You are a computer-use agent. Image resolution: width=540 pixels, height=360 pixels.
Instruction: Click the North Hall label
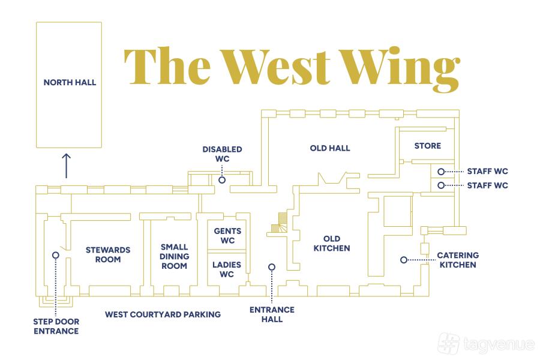pos(70,82)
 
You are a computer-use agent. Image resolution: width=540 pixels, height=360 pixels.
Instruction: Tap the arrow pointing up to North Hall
pos(66,165)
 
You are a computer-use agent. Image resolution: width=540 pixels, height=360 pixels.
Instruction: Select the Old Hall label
pos(330,148)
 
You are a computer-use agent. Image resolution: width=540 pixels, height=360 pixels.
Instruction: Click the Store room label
pos(427,146)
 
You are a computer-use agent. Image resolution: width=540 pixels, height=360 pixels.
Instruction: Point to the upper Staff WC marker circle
pos(441,171)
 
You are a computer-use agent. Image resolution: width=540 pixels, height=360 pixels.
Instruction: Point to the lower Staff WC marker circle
pos(441,185)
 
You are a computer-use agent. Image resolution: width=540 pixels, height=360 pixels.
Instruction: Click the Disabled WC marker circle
pos(222,179)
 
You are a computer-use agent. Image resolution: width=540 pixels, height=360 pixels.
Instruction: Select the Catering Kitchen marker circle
pos(404,260)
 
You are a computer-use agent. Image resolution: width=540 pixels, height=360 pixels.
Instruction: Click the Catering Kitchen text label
pos(457,260)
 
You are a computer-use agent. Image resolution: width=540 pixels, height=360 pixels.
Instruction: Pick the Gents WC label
pos(227,236)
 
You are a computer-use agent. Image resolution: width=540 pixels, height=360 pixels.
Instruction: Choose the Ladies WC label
pos(227,269)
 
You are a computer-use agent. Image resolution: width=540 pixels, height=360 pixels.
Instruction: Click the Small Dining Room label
pos(175,256)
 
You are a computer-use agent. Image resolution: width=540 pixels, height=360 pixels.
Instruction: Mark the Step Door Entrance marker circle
pos(56,255)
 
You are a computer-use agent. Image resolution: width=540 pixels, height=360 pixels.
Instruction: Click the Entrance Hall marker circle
pos(272,267)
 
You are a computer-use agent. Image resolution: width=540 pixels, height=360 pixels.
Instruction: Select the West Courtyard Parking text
pos(163,314)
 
